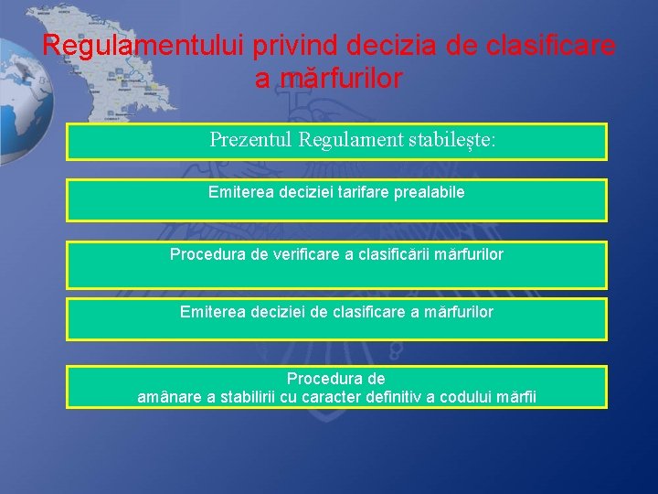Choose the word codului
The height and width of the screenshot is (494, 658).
tap(467, 397)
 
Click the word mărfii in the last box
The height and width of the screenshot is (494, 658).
tap(516, 397)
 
